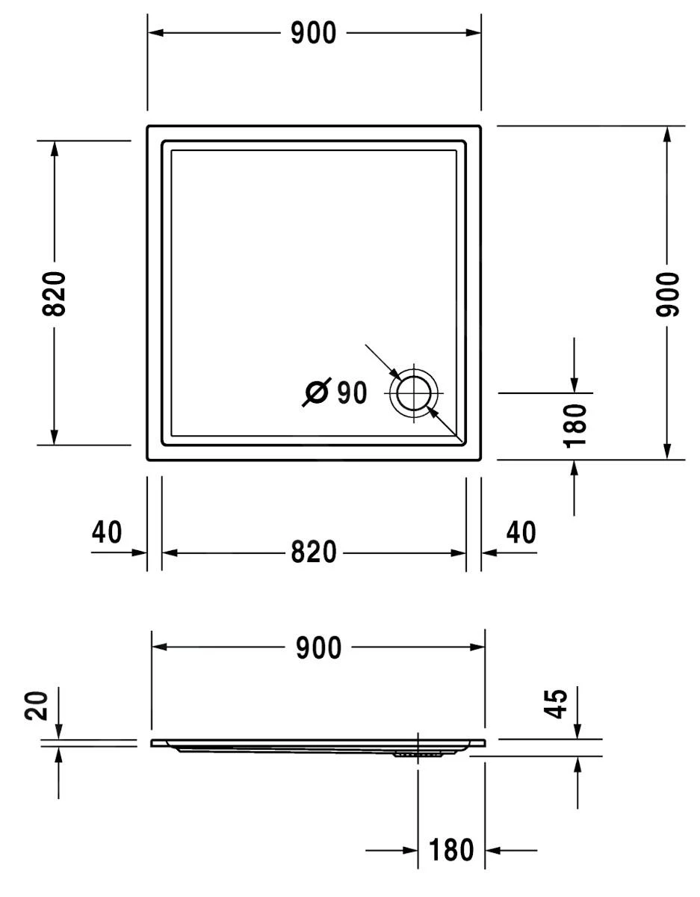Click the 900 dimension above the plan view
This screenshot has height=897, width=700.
click(314, 33)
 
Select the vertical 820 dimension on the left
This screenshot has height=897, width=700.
click(54, 294)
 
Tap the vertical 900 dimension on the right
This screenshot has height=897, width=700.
click(667, 294)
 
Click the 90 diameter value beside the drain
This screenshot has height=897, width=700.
click(352, 392)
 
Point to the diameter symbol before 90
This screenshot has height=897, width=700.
click(317, 392)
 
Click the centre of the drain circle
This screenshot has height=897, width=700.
click(414, 393)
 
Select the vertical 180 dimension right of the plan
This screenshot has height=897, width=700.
click(574, 425)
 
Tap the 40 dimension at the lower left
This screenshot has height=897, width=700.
click(107, 532)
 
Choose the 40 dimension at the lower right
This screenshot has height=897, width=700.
click(521, 532)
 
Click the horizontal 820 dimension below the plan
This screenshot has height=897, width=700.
click(314, 552)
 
